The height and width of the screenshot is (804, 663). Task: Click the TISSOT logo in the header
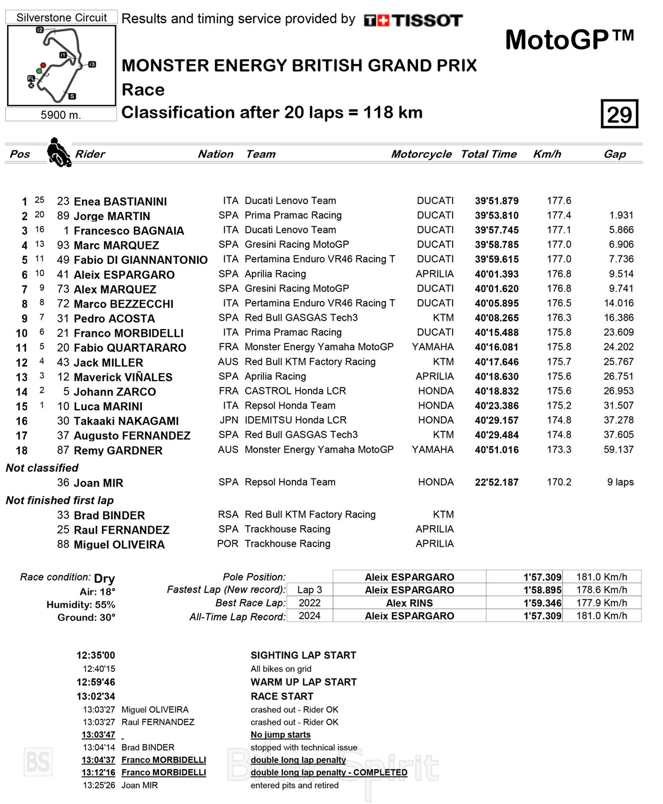(413, 20)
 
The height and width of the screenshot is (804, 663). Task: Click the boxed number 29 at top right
(619, 114)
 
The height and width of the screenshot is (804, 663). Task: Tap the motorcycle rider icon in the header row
(59, 152)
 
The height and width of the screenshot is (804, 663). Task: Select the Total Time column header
(488, 154)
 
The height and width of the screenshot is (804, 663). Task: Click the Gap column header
(614, 154)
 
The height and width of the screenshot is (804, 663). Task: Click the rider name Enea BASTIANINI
(120, 201)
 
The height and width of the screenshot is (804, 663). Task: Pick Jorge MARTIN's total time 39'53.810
(496, 216)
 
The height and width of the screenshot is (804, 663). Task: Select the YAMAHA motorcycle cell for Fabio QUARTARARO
(433, 347)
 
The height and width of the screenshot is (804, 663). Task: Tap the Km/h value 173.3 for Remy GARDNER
(559, 450)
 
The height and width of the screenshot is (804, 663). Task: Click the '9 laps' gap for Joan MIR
(620, 482)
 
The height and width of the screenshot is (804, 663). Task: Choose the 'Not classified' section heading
(42, 468)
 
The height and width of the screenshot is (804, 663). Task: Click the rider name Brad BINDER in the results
(109, 515)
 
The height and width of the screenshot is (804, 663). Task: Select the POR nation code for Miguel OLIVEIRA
(228, 544)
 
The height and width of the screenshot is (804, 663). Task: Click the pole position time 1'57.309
(542, 577)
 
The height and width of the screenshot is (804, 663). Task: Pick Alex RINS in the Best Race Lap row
(409, 603)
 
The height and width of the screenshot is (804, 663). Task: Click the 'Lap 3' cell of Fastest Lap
(309, 590)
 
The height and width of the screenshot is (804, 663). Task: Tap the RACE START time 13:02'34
(96, 696)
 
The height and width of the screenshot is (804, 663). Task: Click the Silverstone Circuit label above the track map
(61, 18)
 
